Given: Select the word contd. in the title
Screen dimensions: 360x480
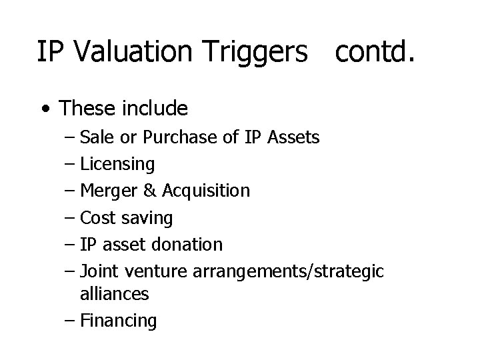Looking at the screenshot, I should tap(376, 52).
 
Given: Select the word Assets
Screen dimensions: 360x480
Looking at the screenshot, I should tap(293, 137).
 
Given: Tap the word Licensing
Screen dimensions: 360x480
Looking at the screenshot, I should tap(117, 164).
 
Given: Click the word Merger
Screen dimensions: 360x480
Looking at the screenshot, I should tap(109, 191).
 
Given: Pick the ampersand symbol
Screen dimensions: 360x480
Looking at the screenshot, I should tap(150, 191).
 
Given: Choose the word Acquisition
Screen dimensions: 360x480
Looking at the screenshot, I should tap(205, 191).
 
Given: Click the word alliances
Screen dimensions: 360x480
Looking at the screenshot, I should tap(114, 293).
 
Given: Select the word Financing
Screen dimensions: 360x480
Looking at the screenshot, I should tap(118, 321).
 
